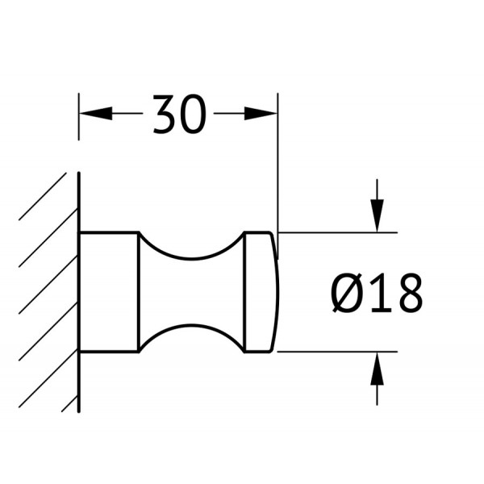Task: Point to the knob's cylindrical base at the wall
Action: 109,292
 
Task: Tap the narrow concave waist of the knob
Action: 191,292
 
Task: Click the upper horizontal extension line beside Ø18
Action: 339,232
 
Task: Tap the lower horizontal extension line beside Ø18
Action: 339,352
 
